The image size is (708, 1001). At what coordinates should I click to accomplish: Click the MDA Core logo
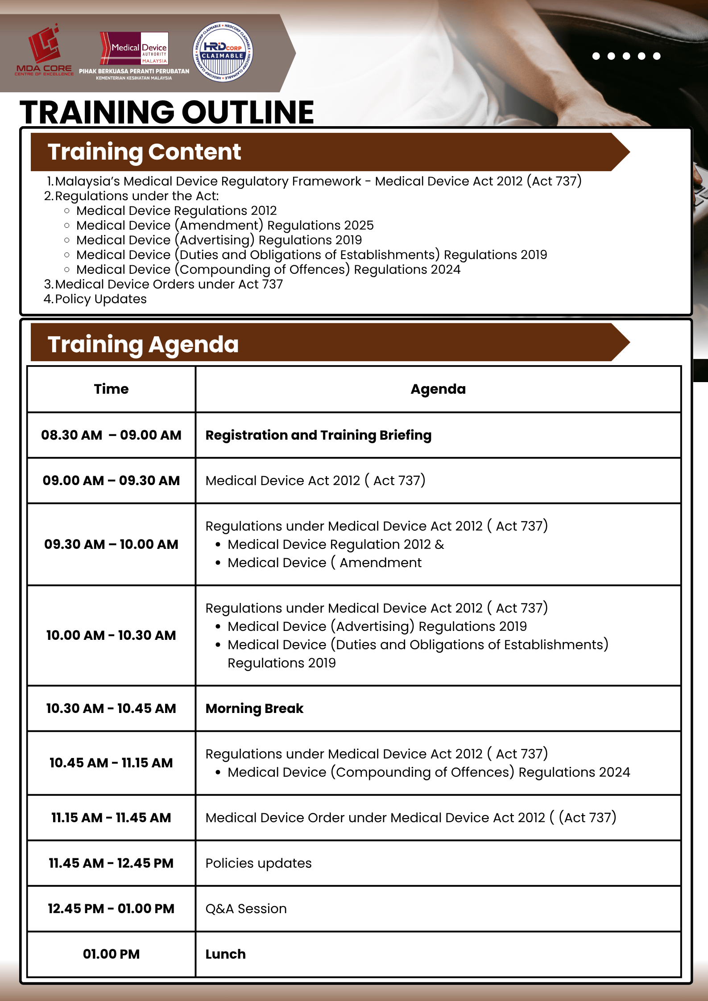point(44,50)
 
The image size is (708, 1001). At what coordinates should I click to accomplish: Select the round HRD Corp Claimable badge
point(223,52)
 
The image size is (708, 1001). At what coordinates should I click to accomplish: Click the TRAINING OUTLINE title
point(166,112)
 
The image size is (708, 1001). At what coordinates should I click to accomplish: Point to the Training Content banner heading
point(144,152)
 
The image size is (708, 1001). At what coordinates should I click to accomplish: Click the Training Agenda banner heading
point(143,344)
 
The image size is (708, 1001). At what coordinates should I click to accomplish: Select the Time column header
point(111,389)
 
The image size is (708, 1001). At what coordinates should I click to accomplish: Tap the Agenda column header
point(438,389)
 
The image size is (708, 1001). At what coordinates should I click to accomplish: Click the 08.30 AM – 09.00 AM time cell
point(111,435)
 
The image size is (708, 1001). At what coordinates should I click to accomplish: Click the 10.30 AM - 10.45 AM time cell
point(111,709)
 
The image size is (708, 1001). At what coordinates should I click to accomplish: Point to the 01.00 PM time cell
point(111,954)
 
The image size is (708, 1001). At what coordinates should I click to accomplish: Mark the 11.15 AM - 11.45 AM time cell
point(111,818)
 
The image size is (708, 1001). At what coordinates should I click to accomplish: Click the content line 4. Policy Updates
point(95,299)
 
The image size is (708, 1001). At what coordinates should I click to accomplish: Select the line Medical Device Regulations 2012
point(176,210)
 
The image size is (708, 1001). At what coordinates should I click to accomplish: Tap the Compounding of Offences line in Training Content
point(268,269)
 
